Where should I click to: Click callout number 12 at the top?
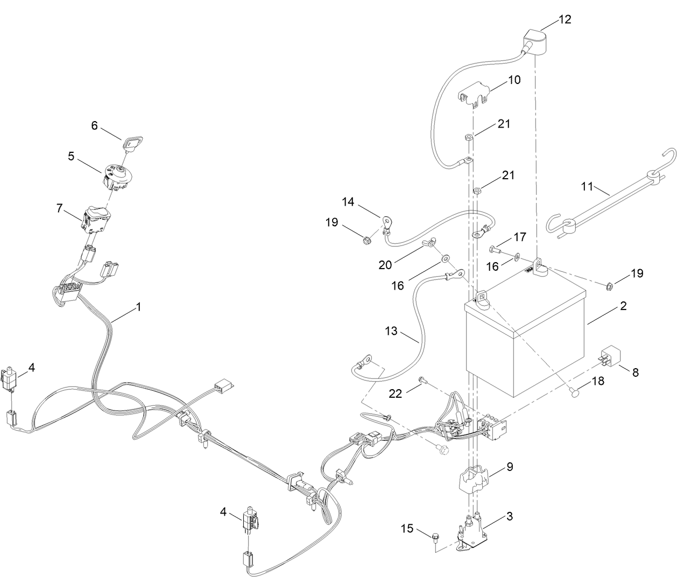(x=565, y=19)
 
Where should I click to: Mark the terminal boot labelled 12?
(x=535, y=43)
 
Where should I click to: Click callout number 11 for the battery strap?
(x=587, y=187)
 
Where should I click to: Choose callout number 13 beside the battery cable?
(x=391, y=330)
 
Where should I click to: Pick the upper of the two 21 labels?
(x=503, y=124)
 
